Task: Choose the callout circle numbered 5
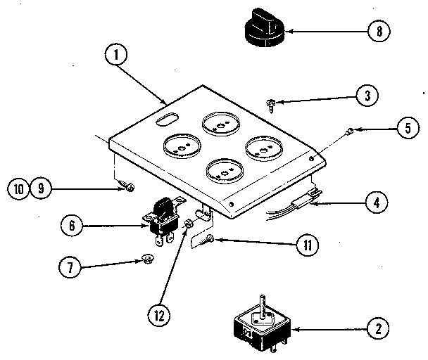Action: coord(403,128)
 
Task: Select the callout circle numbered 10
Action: coord(18,188)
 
